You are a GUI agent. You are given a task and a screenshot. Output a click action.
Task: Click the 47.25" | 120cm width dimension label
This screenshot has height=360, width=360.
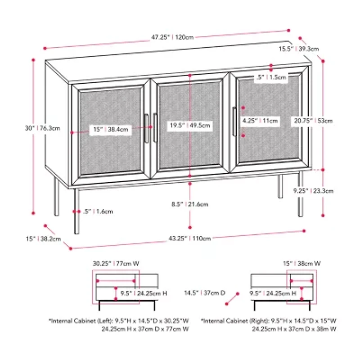(x=172, y=37)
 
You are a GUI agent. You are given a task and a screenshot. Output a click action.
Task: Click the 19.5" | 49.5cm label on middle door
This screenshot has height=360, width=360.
(x=190, y=126)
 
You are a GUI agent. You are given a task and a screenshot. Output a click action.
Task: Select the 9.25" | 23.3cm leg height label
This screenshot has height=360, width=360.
(x=315, y=190)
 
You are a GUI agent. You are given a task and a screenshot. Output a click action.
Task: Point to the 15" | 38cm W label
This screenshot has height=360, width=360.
(x=301, y=263)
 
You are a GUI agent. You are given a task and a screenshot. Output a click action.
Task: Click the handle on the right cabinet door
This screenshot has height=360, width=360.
(x=234, y=121)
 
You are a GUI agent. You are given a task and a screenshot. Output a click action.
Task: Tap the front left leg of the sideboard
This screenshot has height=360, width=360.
(x=76, y=211)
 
